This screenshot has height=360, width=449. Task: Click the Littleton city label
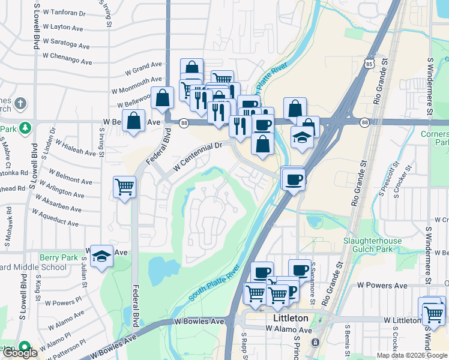(x=291, y=318)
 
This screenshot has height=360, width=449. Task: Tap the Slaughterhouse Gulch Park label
(x=372, y=245)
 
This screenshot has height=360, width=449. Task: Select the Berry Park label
(x=59, y=257)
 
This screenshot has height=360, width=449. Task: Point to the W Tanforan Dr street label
(x=61, y=12)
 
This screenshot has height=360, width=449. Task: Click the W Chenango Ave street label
(x=67, y=58)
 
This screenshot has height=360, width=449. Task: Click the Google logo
(x=19, y=353)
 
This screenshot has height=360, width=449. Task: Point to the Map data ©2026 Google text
(x=412, y=355)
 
